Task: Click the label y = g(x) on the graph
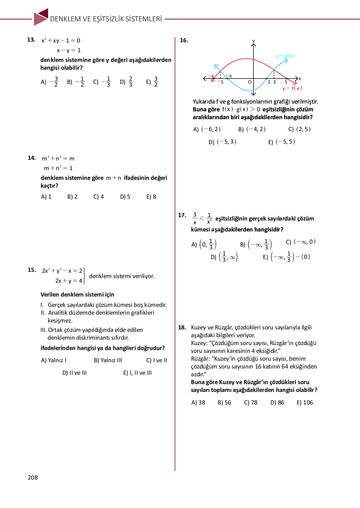285,56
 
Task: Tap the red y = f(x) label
292,88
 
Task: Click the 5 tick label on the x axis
286,82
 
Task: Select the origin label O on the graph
250,82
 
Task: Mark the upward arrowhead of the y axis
253,45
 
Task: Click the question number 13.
31,40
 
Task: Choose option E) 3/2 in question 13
152,82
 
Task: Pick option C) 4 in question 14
98,197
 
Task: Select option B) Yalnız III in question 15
108,360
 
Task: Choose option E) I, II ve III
137,373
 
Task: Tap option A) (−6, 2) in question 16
207,129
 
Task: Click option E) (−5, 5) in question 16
281,142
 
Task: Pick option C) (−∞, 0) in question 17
301,242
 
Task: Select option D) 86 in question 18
277,403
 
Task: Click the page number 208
33,477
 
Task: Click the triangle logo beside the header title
41,17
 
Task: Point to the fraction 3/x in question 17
195,218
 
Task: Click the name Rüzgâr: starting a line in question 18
200,359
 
